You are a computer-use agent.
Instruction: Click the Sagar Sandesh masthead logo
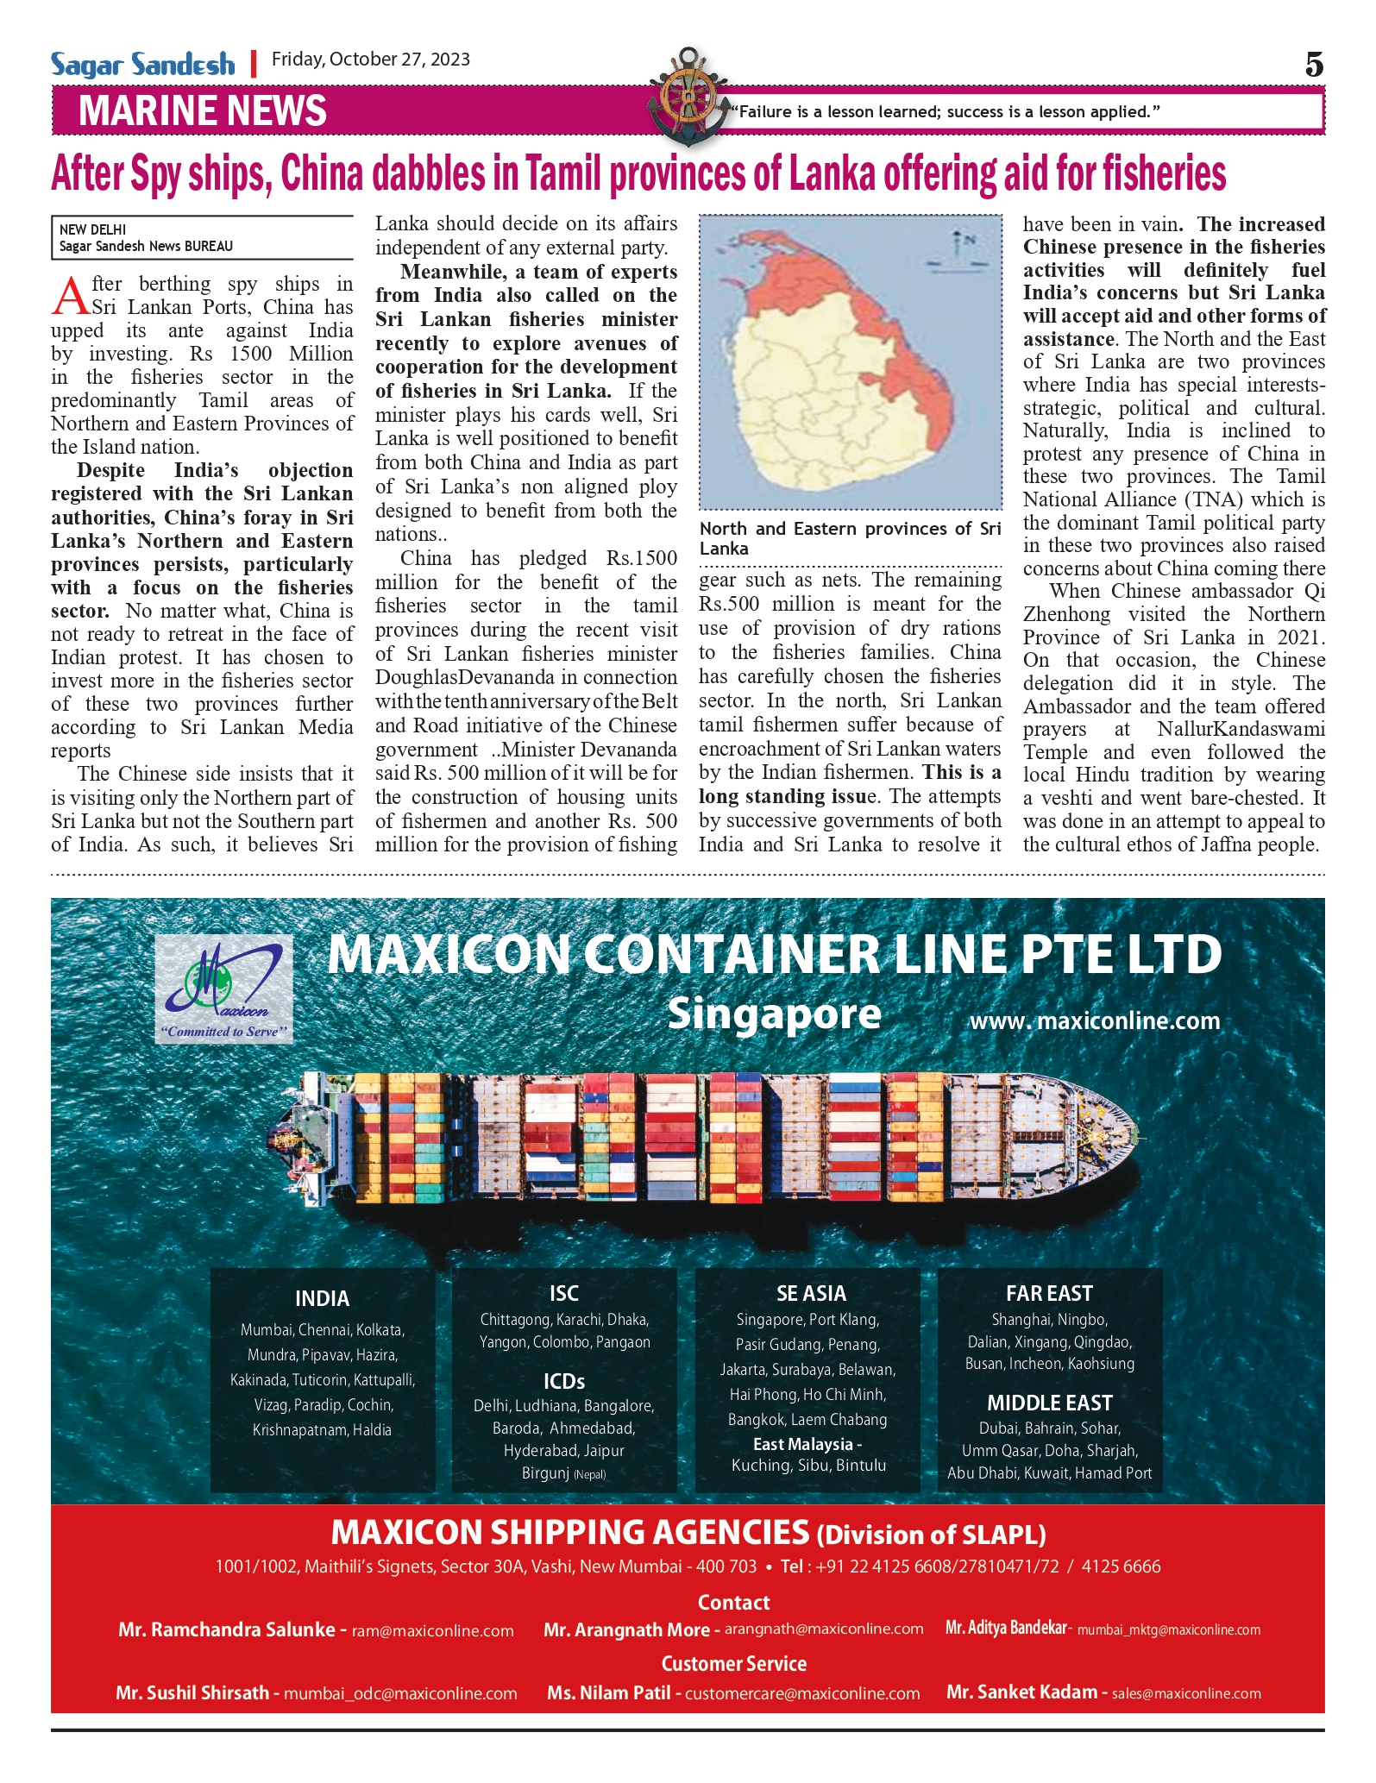point(142,65)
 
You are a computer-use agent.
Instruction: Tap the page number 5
point(1313,65)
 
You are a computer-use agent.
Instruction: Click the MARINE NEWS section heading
point(203,111)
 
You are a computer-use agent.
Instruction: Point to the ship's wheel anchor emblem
point(688,93)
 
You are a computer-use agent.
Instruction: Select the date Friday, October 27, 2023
point(371,60)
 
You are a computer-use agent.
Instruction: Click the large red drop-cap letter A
point(70,296)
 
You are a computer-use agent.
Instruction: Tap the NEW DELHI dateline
point(92,229)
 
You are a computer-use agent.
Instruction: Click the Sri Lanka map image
point(850,362)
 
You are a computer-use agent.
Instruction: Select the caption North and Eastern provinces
point(850,538)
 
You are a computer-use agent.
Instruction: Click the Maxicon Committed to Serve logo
point(224,990)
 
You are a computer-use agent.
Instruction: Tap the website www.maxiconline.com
point(1095,1021)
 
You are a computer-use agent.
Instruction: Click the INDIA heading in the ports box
point(322,1298)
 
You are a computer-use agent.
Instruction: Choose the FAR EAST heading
point(1049,1293)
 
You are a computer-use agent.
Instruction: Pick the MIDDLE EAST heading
point(1049,1403)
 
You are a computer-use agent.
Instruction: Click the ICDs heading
point(564,1382)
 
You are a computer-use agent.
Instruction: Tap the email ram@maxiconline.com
point(433,1631)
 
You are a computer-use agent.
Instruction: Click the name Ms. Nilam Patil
point(608,1692)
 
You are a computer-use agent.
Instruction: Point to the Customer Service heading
point(733,1664)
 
